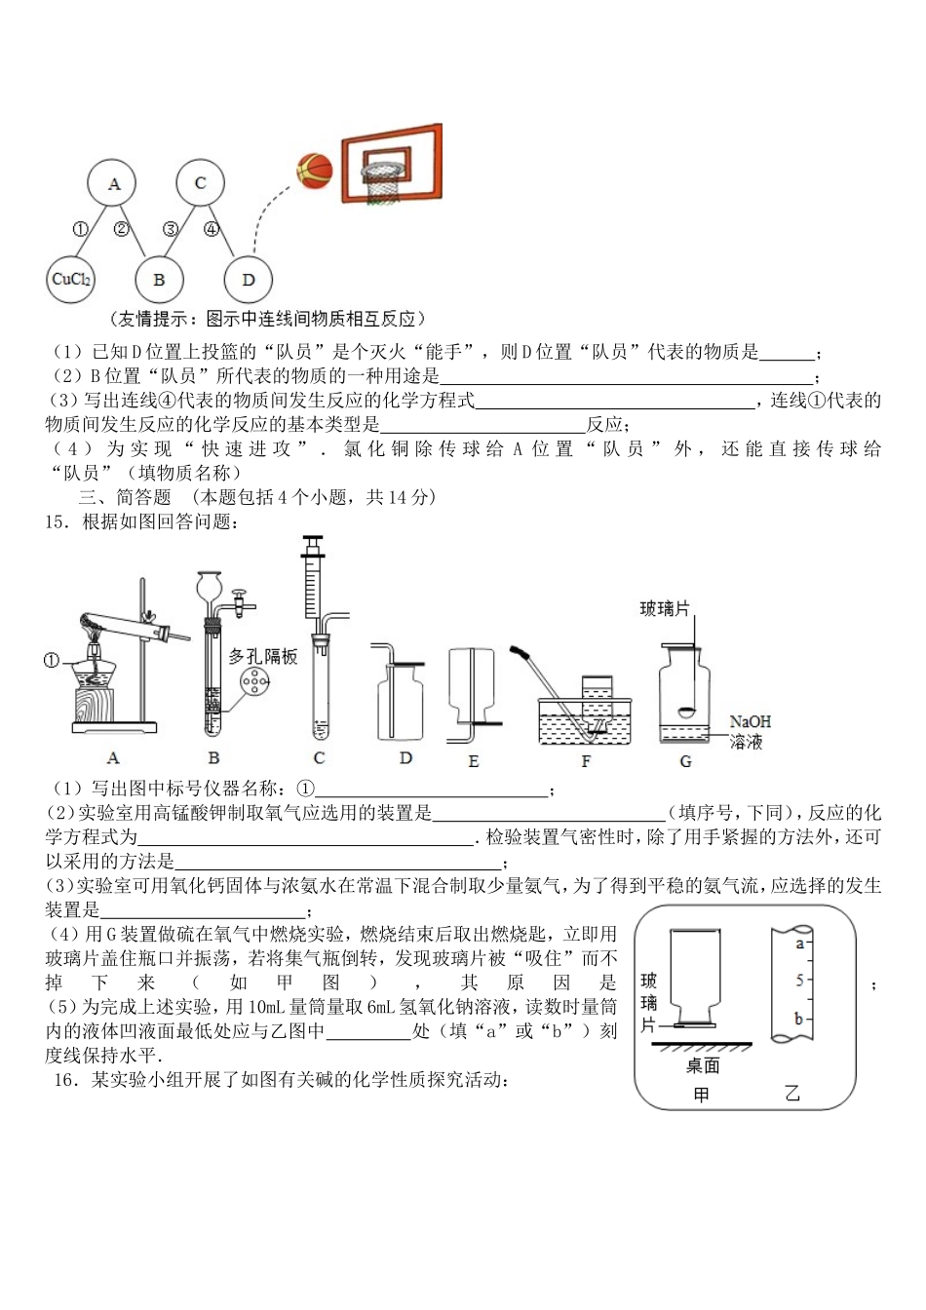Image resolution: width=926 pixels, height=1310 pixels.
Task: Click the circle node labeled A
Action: coord(114,183)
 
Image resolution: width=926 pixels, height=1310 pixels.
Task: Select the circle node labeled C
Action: coord(200,182)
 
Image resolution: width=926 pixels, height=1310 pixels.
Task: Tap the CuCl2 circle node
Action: coord(71,280)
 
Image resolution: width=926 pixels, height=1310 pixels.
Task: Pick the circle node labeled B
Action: coord(159,281)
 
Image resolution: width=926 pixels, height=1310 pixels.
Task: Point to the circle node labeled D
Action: coord(248,281)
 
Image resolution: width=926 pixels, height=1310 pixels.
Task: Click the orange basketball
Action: coord(315,170)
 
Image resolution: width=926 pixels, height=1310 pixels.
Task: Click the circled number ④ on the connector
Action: coord(212,230)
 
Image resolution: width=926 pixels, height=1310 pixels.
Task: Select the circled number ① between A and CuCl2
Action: coord(80,230)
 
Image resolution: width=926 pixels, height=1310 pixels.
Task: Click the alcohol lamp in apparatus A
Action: coord(94,673)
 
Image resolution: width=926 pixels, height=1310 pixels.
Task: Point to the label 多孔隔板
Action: coord(263,657)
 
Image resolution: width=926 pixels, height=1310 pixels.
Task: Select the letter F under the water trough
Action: coord(586,761)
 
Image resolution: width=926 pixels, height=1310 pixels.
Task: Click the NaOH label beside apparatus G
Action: coord(750,722)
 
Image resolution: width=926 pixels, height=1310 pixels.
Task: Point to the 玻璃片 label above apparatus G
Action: coord(665,609)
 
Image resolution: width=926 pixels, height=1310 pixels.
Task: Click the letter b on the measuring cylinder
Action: coord(798,1020)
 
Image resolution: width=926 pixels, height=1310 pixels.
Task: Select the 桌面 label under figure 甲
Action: coord(702,1065)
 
